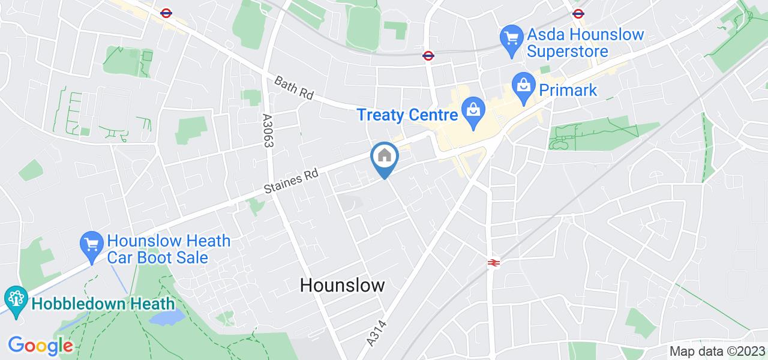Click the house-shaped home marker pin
pos(384,157)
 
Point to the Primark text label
pos(568,90)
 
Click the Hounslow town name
pos(342,285)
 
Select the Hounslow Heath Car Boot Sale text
pos(168,250)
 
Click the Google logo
pos(40,346)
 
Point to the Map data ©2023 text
pos(717,352)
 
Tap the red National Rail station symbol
pos(493,262)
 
